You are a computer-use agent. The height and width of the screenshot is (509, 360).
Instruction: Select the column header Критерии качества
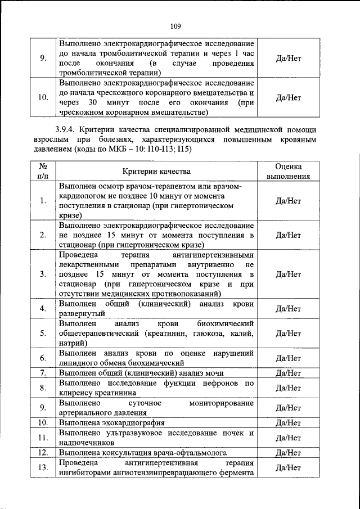point(156,172)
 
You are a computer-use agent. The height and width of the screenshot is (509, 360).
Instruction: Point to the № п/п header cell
point(43,171)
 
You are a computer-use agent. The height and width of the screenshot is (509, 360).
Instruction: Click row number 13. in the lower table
point(43,467)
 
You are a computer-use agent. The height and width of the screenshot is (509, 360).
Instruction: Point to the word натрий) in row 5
point(73,343)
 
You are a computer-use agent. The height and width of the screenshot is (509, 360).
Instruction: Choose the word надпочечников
point(84,442)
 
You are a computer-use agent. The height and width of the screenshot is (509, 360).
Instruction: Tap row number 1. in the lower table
point(43,201)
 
